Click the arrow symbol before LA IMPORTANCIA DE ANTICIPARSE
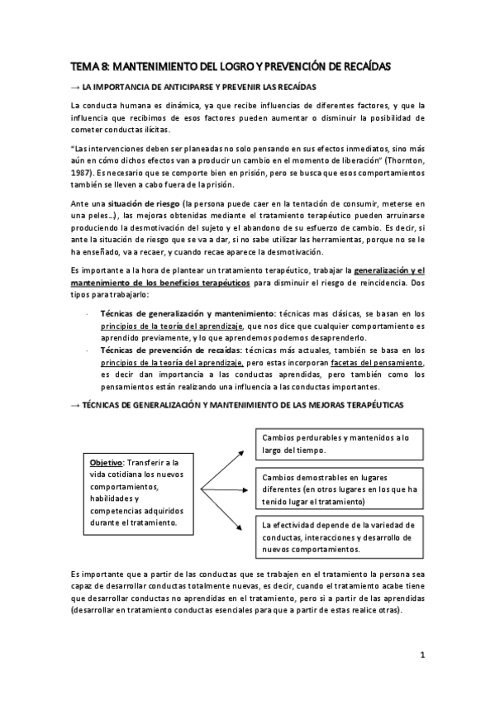pyautogui.click(x=76, y=88)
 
